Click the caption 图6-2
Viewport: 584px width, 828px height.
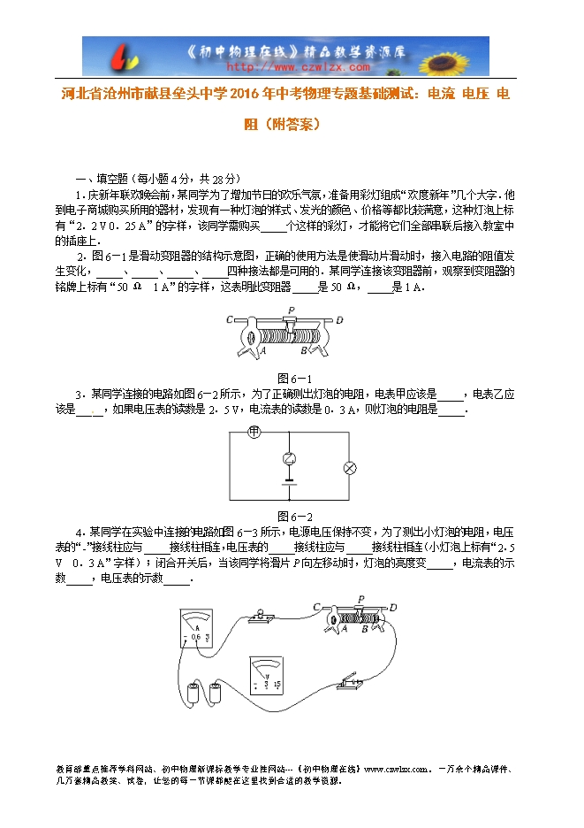tap(295, 516)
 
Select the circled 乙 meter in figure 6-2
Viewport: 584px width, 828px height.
tap(287, 457)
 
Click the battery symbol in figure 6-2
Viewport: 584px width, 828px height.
tap(287, 483)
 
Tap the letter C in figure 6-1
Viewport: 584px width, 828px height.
tap(230, 320)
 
